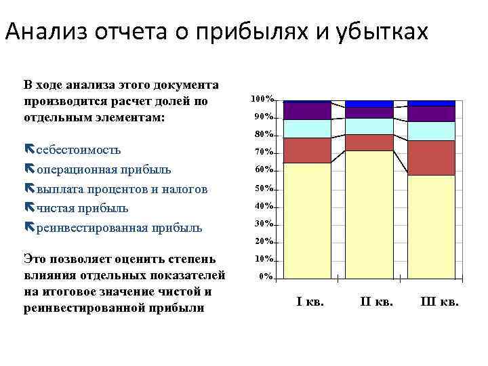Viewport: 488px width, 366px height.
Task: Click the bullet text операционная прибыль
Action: (103, 169)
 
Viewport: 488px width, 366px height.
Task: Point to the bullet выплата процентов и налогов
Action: (121, 188)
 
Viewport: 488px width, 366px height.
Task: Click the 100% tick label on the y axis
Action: (262, 99)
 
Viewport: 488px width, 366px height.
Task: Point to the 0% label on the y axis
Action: (266, 277)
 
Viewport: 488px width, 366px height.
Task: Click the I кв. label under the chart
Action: (310, 302)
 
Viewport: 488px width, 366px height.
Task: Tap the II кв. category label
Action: (375, 302)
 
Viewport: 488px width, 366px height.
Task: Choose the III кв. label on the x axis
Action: (439, 302)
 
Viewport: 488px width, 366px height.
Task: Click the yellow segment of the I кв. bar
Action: (307, 220)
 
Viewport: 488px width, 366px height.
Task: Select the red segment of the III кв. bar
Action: (432, 158)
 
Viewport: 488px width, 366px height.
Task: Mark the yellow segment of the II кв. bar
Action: (369, 213)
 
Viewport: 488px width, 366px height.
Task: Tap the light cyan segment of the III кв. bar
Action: (432, 131)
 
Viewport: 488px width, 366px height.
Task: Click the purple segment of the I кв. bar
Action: (307, 110)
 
